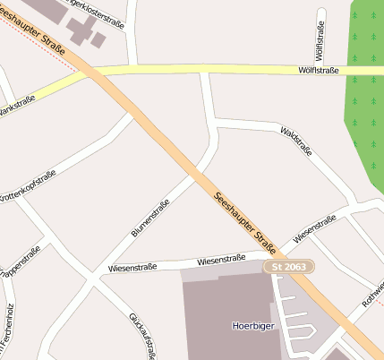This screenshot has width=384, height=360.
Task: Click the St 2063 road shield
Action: (289, 267)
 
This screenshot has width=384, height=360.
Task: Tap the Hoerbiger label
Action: (251, 327)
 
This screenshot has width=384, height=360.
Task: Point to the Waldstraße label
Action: (296, 141)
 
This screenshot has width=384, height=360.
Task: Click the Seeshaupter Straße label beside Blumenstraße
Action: (243, 220)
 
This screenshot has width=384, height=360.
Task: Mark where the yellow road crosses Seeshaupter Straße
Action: (99, 72)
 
